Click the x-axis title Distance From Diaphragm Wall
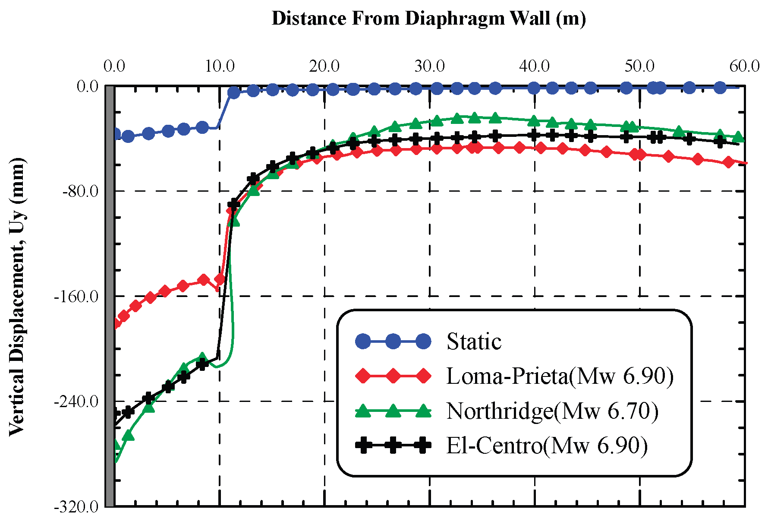(428, 19)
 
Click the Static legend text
(474, 342)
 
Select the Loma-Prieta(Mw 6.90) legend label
(560, 376)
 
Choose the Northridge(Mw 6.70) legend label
(552, 411)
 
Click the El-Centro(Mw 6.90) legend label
(547, 445)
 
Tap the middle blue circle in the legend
(393, 341)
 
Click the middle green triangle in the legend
(393, 411)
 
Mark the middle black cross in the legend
(393, 445)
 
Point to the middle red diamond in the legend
(393, 376)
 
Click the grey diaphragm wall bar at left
(110, 296)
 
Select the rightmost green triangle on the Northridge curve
(738, 137)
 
